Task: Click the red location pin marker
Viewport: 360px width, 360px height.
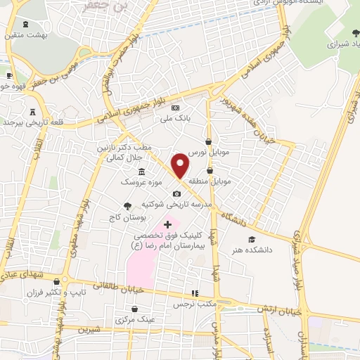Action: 181,165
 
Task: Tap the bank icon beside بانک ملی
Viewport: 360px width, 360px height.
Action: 176,107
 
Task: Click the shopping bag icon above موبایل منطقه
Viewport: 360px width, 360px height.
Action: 210,170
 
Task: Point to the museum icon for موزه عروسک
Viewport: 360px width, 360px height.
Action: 142,172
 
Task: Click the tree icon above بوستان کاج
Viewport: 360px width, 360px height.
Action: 127,206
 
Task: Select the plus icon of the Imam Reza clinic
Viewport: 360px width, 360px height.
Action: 167,224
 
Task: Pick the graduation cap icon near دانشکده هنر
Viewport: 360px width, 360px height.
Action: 252,239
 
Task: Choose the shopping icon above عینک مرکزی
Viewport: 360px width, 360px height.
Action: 142,309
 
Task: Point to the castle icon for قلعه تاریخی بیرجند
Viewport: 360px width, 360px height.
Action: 32,112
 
